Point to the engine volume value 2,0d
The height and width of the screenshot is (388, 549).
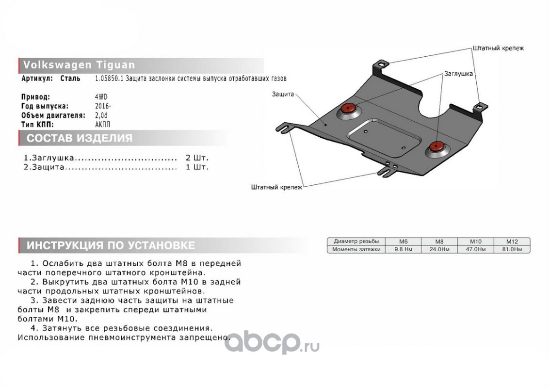[x=102, y=115]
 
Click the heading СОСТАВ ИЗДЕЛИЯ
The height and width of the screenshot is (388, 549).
[x=80, y=138]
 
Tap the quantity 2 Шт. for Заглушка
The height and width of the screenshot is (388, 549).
[x=197, y=158]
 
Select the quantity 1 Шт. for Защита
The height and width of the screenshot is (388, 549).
[x=197, y=167]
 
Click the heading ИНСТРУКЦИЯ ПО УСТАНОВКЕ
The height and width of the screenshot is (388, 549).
[x=111, y=245]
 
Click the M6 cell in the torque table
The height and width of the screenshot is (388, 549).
[x=403, y=242]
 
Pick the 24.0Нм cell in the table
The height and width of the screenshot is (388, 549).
[x=439, y=249]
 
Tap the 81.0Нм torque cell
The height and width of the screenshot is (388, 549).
[x=512, y=249]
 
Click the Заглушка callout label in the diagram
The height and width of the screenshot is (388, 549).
[x=458, y=74]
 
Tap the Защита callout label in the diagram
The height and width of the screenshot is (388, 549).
[x=283, y=95]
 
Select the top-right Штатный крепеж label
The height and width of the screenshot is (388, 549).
[x=498, y=48]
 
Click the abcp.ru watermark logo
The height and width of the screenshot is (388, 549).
[x=272, y=342]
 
